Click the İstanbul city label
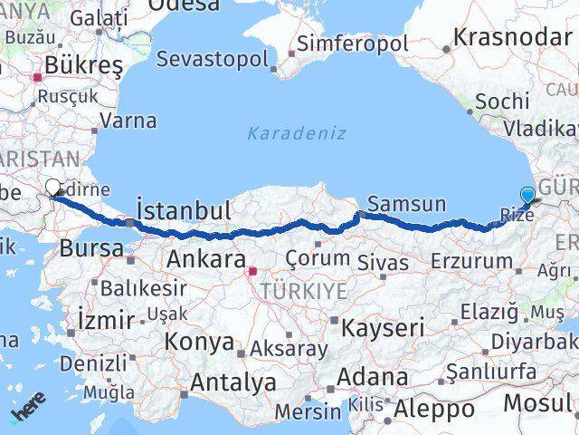(x=183, y=211)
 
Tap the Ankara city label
(x=204, y=260)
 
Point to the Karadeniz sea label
(x=297, y=133)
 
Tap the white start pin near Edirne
(x=53, y=188)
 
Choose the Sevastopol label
(x=212, y=61)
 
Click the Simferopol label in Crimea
(x=353, y=43)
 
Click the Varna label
(x=128, y=120)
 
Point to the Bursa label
(x=91, y=248)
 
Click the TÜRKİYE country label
(x=303, y=290)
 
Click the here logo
(x=27, y=411)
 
